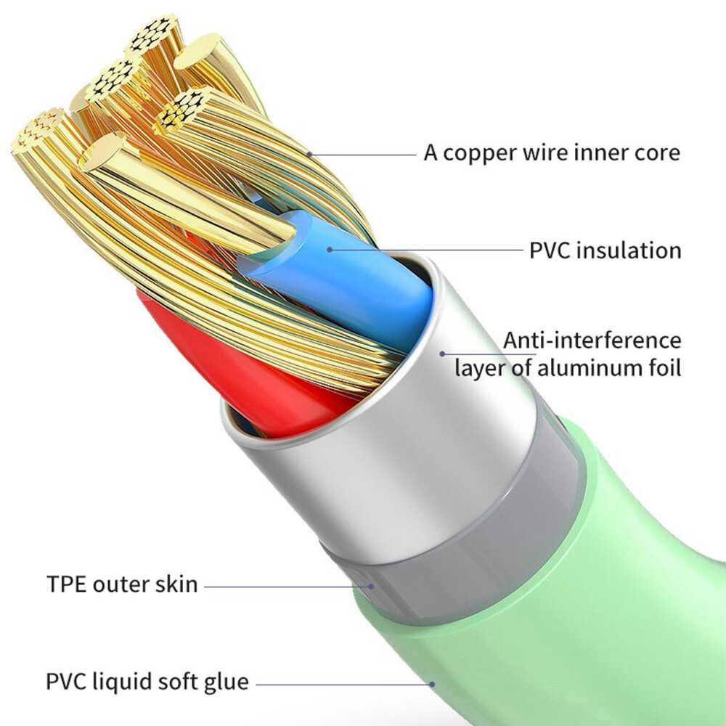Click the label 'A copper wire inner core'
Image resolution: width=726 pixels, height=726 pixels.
click(552, 153)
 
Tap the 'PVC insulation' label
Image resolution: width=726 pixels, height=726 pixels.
click(605, 250)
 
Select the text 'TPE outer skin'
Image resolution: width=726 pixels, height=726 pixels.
click(122, 584)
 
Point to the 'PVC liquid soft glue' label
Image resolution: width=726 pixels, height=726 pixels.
click(147, 682)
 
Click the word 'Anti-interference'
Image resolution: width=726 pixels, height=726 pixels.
click(592, 340)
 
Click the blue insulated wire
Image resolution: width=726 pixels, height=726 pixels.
click(343, 278)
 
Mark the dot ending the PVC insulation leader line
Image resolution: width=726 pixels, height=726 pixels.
click(330, 250)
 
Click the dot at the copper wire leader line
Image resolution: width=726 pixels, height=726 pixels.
click(309, 154)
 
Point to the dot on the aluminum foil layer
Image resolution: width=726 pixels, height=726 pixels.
click(442, 354)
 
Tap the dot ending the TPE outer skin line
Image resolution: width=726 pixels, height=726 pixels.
click(371, 586)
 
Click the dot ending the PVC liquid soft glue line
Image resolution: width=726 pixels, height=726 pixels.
click(431, 684)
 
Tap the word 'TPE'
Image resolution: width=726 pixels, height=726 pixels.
click(67, 584)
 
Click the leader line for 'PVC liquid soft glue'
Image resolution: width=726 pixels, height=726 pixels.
click(343, 684)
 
